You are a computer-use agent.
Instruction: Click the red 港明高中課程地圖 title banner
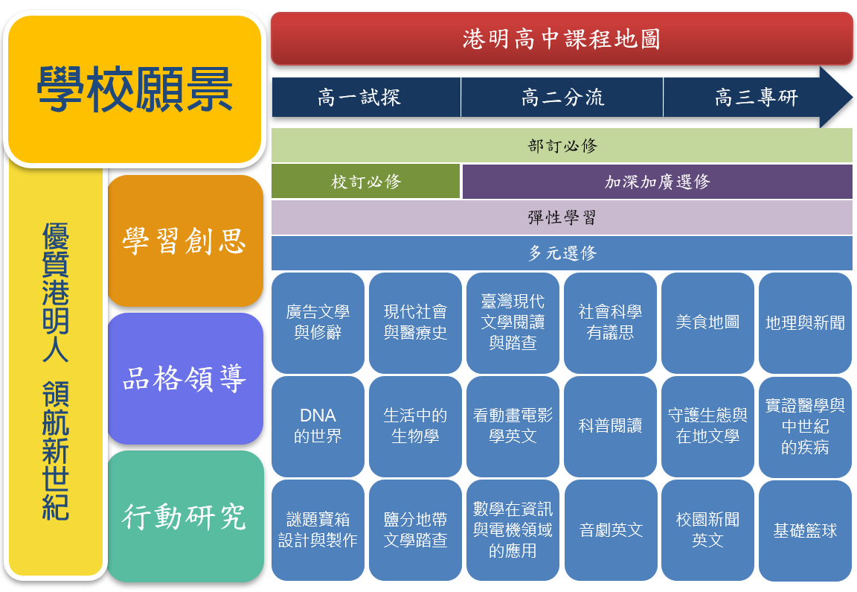click(562, 39)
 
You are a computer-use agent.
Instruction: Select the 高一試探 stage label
click(366, 98)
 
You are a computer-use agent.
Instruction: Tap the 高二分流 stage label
click(562, 98)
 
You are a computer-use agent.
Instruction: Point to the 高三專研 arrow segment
click(757, 98)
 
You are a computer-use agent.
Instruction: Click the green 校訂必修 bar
click(366, 181)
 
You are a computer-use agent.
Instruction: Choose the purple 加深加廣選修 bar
click(658, 181)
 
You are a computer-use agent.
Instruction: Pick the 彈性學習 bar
click(562, 217)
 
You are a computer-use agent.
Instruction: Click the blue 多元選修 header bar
click(562, 252)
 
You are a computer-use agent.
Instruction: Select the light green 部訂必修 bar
click(562, 145)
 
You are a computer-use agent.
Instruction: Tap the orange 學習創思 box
click(185, 241)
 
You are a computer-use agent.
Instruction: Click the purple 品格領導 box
click(185, 378)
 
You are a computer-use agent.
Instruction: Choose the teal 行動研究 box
click(185, 517)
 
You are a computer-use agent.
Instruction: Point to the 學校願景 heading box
click(135, 89)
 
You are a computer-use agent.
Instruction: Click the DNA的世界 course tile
click(318, 426)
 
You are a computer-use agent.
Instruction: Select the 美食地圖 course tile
click(707, 323)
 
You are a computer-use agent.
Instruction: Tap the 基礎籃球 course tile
click(805, 530)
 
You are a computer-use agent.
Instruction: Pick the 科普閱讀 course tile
click(610, 426)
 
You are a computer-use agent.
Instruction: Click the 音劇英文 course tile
click(610, 530)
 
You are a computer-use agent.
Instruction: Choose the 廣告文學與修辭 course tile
click(318, 323)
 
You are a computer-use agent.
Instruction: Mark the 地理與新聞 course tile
click(805, 323)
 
